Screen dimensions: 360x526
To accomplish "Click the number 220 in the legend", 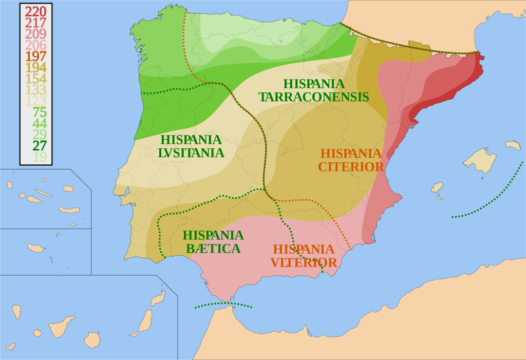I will click(x=36, y=11).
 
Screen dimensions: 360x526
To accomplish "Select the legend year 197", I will click(x=36, y=56).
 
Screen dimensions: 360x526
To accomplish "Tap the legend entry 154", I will click(x=36, y=79).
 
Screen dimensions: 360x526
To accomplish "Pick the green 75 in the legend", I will click(x=40, y=112).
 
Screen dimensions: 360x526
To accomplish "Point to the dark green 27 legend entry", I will click(x=40, y=145).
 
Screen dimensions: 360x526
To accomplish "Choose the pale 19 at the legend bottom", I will click(x=40, y=157).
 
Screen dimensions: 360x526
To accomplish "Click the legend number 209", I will click(x=36, y=34).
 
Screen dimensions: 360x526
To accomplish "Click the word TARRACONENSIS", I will click(x=313, y=97).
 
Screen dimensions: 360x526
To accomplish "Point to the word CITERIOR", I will click(x=351, y=167).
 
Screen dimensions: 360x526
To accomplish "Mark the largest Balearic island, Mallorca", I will click(x=480, y=160).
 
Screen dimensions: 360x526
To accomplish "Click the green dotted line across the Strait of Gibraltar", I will click(x=223, y=305).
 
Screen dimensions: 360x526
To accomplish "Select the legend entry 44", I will click(x=40, y=123).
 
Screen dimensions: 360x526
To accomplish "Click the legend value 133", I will click(x=36, y=90).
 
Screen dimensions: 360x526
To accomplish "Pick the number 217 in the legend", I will click(x=36, y=23).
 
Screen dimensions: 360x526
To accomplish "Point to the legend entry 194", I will click(x=36, y=67).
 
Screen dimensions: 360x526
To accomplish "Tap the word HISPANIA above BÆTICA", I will click(x=213, y=235).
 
